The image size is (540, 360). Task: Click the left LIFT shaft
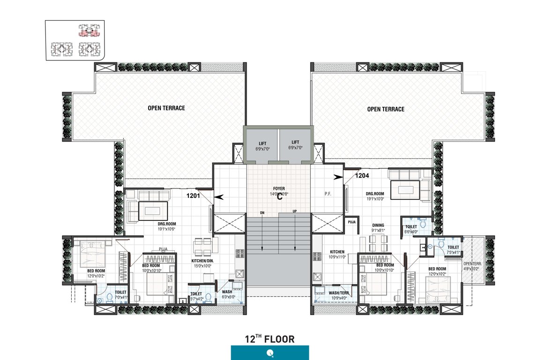261,145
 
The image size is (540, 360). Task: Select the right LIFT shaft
295,145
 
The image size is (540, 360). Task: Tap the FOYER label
279,188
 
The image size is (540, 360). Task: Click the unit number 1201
194,196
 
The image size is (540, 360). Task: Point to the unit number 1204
362,176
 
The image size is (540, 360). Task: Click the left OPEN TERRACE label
166,108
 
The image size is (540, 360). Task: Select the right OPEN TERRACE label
386,109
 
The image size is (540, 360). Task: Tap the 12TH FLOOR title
270,339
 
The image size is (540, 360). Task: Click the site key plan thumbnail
75,40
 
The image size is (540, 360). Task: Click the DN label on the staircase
262,213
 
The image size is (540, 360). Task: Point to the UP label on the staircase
295,211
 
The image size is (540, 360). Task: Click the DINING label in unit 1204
378,225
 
